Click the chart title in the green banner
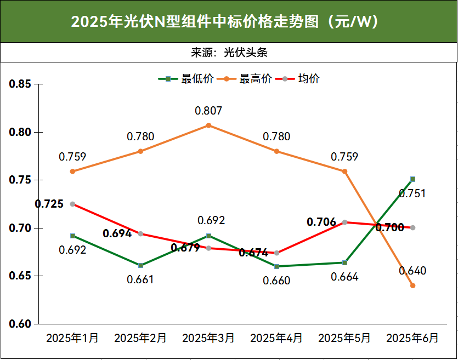(x=229, y=22)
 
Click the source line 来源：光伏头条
(x=229, y=53)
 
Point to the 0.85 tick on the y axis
(x=21, y=84)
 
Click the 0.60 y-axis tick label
(x=21, y=324)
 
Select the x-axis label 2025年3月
(x=208, y=338)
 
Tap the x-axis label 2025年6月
(x=412, y=338)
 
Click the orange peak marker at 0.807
(x=208, y=125)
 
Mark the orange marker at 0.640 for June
(x=412, y=285)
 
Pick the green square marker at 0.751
(x=412, y=179)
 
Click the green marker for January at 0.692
(x=72, y=236)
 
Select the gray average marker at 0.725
(x=72, y=204)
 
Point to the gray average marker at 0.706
(x=344, y=222)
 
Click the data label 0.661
(x=140, y=279)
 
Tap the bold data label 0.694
(x=117, y=233)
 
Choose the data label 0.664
(x=344, y=277)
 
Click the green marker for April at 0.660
(x=276, y=266)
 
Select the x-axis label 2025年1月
(x=72, y=338)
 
